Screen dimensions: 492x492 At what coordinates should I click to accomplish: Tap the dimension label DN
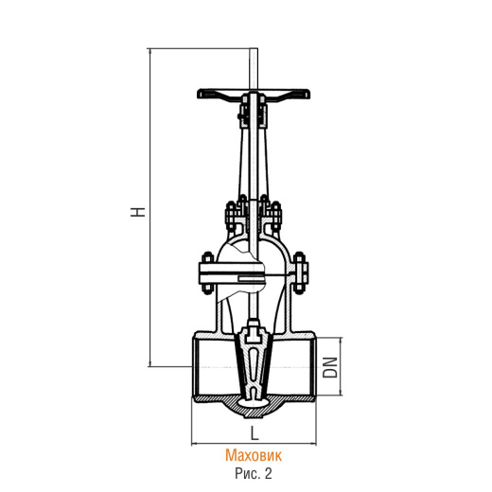(330, 367)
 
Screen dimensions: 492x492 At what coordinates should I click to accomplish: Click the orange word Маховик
(254, 455)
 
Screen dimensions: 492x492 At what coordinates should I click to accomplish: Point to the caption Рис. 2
(254, 473)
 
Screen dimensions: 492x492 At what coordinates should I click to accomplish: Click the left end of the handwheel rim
(199, 94)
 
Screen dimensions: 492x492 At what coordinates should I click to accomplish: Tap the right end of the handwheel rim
(309, 94)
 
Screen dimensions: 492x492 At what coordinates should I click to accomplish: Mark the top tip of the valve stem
(254, 48)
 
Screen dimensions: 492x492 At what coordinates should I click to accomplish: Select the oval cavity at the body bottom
(254, 402)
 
